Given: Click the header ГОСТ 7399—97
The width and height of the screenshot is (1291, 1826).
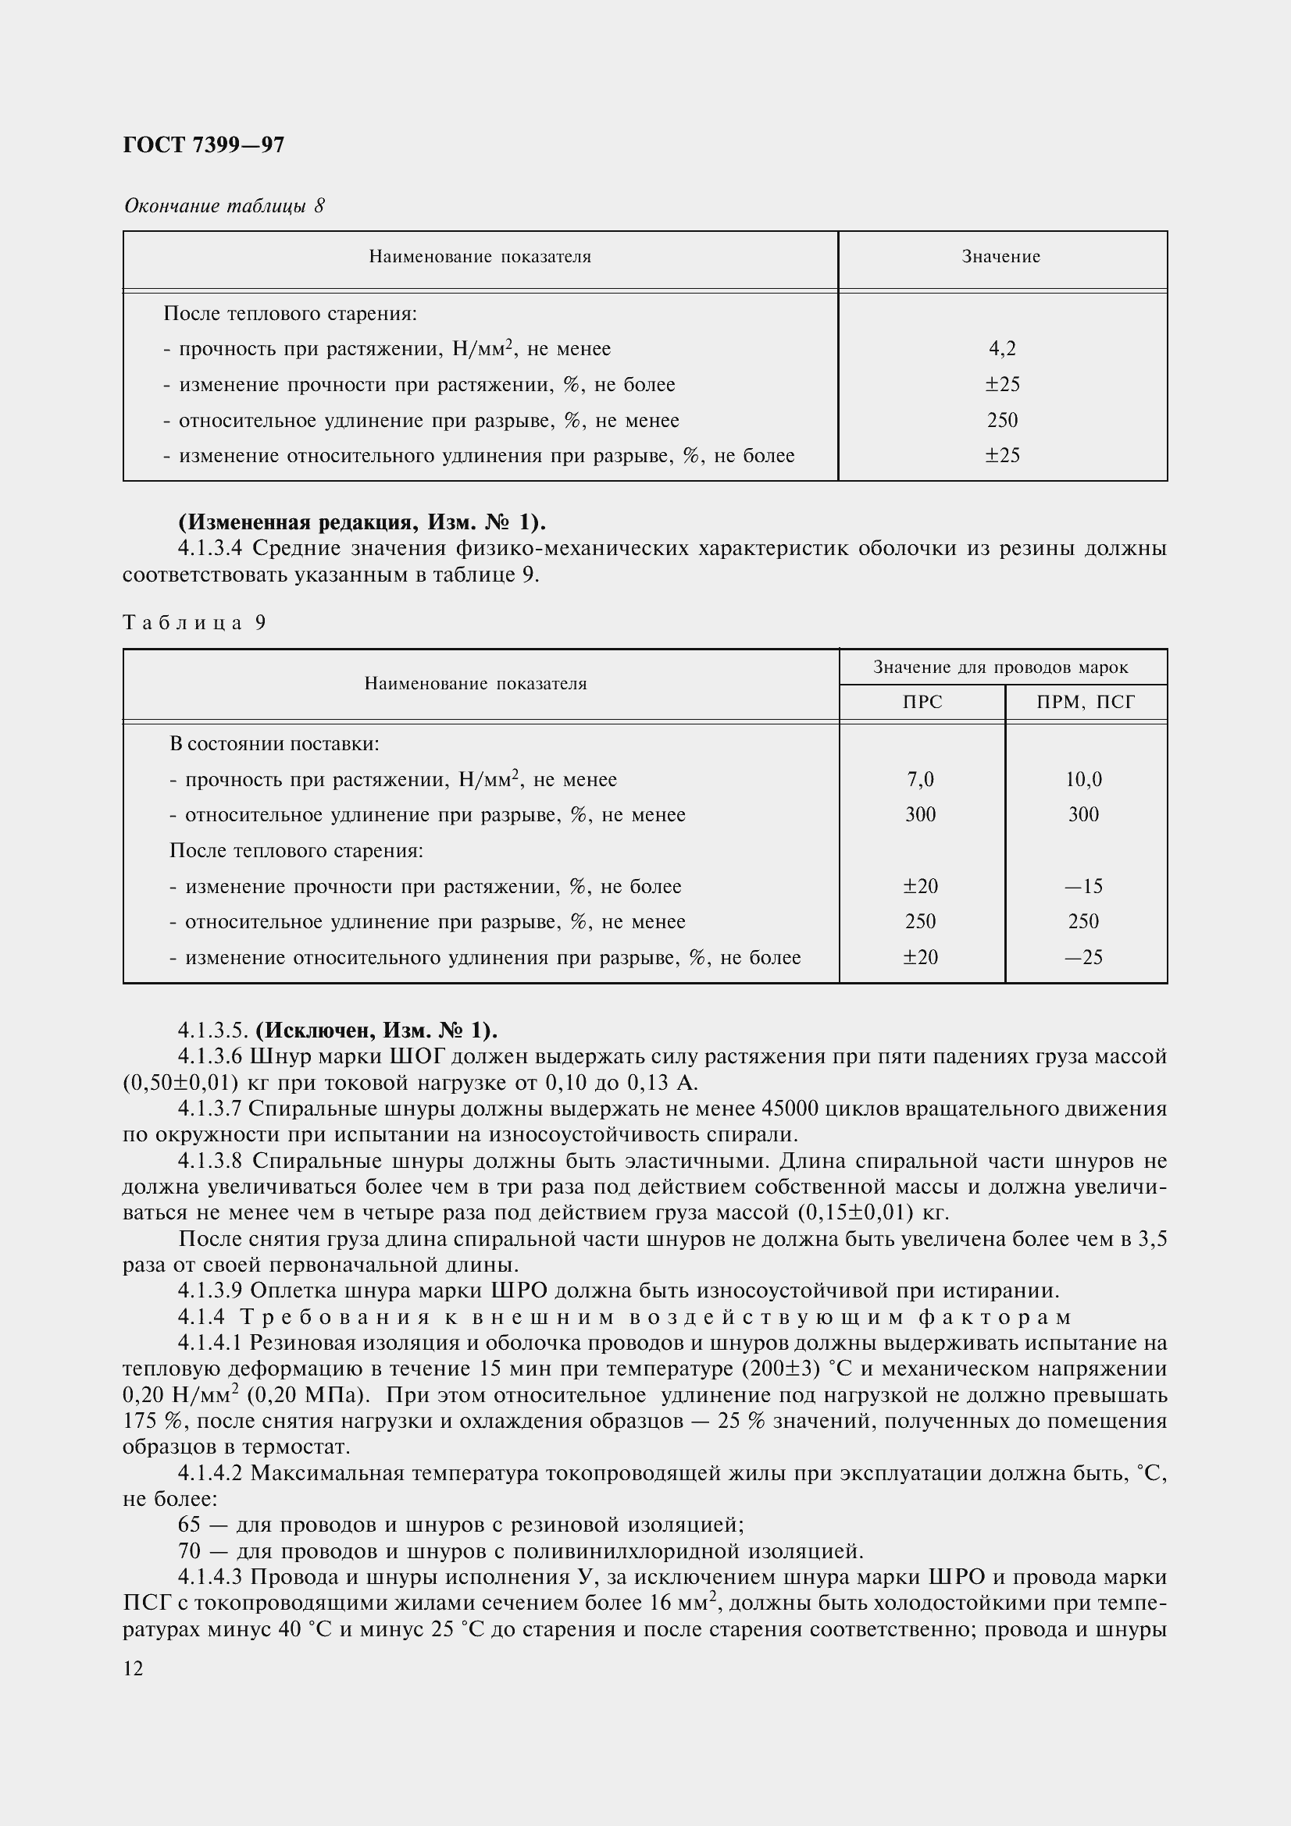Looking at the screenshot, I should pos(204,144).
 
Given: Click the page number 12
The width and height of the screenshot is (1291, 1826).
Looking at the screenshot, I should pos(134,1668).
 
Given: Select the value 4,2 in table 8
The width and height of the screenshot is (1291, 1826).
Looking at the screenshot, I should pos(1002,348).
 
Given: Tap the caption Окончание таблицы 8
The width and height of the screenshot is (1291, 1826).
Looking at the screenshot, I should pos(224,206).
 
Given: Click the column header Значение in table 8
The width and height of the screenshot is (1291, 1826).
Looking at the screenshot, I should pos(1000,257).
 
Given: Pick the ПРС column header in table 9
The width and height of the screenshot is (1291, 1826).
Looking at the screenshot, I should pos(922,703).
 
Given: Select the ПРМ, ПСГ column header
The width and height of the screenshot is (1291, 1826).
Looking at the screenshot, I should pos(1086,703).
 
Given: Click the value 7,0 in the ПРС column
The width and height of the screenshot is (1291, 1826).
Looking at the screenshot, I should pos(920,779).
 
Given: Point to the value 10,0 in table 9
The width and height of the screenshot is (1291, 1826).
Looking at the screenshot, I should pos(1083,779).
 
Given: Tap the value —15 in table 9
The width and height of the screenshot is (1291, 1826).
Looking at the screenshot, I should pos(1083,886).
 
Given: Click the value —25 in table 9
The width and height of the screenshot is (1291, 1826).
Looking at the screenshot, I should pos(1083,957).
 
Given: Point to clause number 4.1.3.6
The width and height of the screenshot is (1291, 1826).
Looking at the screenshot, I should pos(210,1057).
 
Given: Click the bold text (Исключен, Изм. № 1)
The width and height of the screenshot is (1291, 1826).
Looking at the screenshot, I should pos(376,1030).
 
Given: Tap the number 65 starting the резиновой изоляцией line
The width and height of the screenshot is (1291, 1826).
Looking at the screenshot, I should pos(189,1525).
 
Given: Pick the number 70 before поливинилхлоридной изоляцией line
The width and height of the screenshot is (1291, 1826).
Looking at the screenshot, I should pos(189,1551).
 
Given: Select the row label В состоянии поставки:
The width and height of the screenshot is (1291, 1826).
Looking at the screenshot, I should pos(274,744).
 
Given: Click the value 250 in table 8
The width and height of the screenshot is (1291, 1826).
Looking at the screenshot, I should pos(1002,420).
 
